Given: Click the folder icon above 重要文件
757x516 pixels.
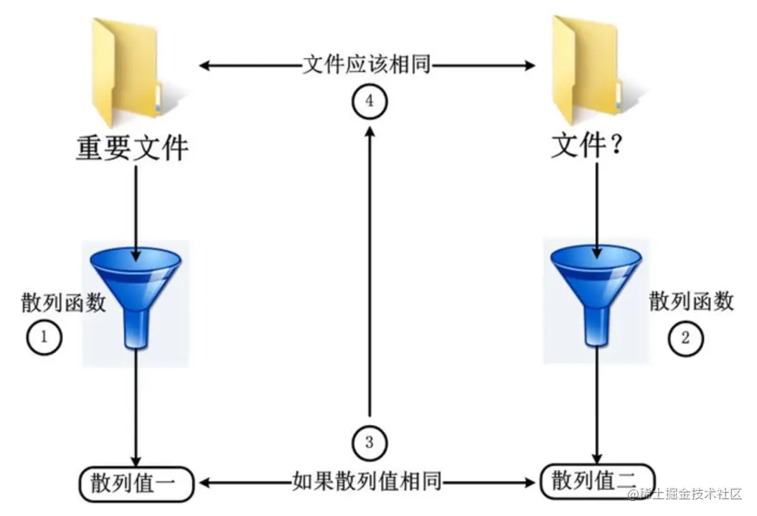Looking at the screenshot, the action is tap(126, 69).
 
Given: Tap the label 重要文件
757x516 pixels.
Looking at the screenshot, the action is tap(133, 148).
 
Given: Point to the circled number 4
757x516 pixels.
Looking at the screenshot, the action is tap(370, 101).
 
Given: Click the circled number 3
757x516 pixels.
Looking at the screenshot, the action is tap(370, 441).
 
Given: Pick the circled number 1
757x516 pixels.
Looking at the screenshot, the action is tap(44, 337).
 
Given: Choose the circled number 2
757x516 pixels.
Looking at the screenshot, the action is tap(685, 337).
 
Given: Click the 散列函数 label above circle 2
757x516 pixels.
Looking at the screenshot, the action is tap(692, 301).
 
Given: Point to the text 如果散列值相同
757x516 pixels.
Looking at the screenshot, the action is tap(367, 482).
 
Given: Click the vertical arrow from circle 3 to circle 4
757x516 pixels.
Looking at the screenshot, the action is tap(370, 273).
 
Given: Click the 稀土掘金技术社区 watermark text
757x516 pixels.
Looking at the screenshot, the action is tap(690, 494).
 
